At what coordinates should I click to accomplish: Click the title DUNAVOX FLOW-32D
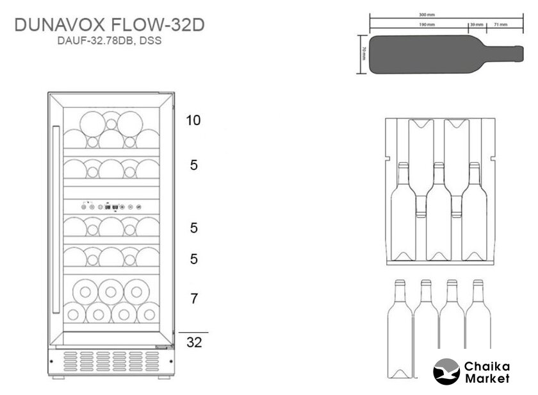[109, 26]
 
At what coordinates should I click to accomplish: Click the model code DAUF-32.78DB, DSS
[109, 41]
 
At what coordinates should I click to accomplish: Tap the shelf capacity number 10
[194, 120]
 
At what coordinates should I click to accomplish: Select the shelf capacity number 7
[194, 298]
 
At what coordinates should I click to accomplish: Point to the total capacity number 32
[194, 342]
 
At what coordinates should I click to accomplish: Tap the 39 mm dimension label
[476, 24]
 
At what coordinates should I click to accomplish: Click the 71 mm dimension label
[500, 24]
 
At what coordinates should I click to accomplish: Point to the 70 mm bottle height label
[363, 53]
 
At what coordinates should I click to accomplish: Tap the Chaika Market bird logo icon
[446, 371]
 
